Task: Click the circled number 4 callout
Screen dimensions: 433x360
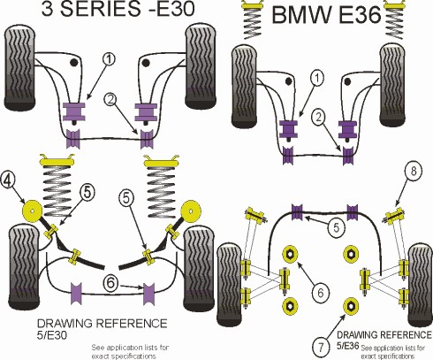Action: [x=8, y=181]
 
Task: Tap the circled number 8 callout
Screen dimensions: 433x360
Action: [x=413, y=172]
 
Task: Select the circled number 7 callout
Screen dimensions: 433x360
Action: [x=321, y=346]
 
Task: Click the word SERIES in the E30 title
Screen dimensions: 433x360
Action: [x=101, y=9]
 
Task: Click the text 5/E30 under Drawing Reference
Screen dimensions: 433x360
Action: [x=52, y=335]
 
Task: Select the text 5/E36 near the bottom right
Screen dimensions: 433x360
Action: [x=348, y=346]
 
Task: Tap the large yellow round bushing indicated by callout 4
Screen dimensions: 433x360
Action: [x=32, y=211]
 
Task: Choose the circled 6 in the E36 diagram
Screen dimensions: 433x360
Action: [x=320, y=292]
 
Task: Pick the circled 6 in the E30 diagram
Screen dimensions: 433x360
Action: [x=110, y=283]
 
